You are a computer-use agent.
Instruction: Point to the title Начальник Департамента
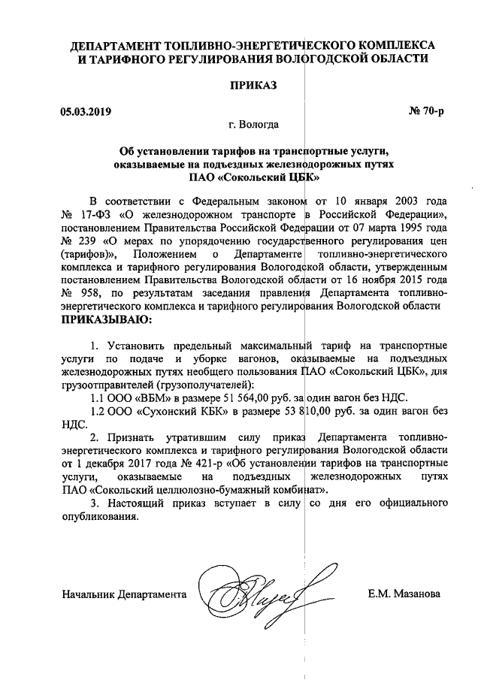(x=124, y=594)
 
